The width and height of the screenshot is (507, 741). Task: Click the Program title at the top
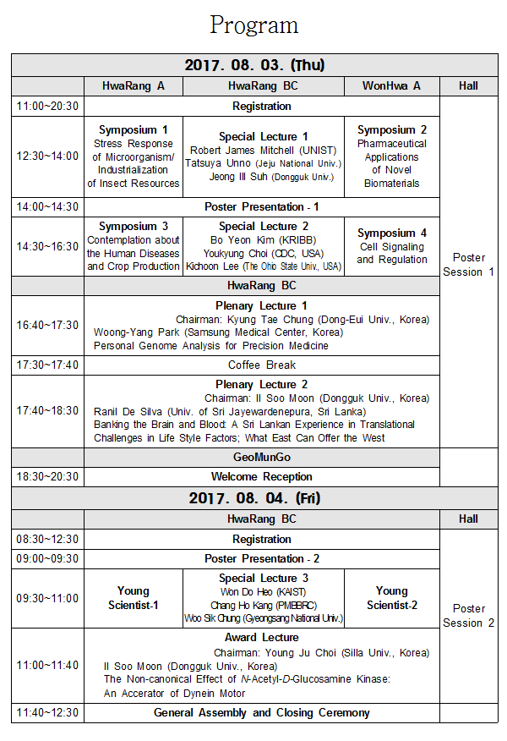[253, 25]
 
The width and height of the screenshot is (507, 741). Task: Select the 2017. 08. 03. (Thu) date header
[254, 65]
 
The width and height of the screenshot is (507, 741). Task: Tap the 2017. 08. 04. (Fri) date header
[254, 498]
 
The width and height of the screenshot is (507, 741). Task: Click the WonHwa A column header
[391, 85]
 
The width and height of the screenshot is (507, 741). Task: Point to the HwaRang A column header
[133, 85]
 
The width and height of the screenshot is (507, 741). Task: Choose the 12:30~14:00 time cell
[47, 156]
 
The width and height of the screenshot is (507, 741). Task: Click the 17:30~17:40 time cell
[47, 365]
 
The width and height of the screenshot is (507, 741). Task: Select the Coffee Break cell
[262, 365]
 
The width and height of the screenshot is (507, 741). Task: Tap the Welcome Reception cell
[262, 477]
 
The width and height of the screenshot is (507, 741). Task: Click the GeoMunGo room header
[262, 457]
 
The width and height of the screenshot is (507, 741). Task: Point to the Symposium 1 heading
[134, 129]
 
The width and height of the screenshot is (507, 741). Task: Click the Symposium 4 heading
[392, 233]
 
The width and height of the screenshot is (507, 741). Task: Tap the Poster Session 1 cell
[468, 265]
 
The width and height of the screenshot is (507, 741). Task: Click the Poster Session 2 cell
[468, 616]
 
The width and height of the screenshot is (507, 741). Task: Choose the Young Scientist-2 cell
[392, 597]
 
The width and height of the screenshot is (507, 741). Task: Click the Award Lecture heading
[262, 637]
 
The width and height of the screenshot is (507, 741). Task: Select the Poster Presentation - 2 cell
[262, 559]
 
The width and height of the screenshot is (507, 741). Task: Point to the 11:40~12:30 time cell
[47, 713]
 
